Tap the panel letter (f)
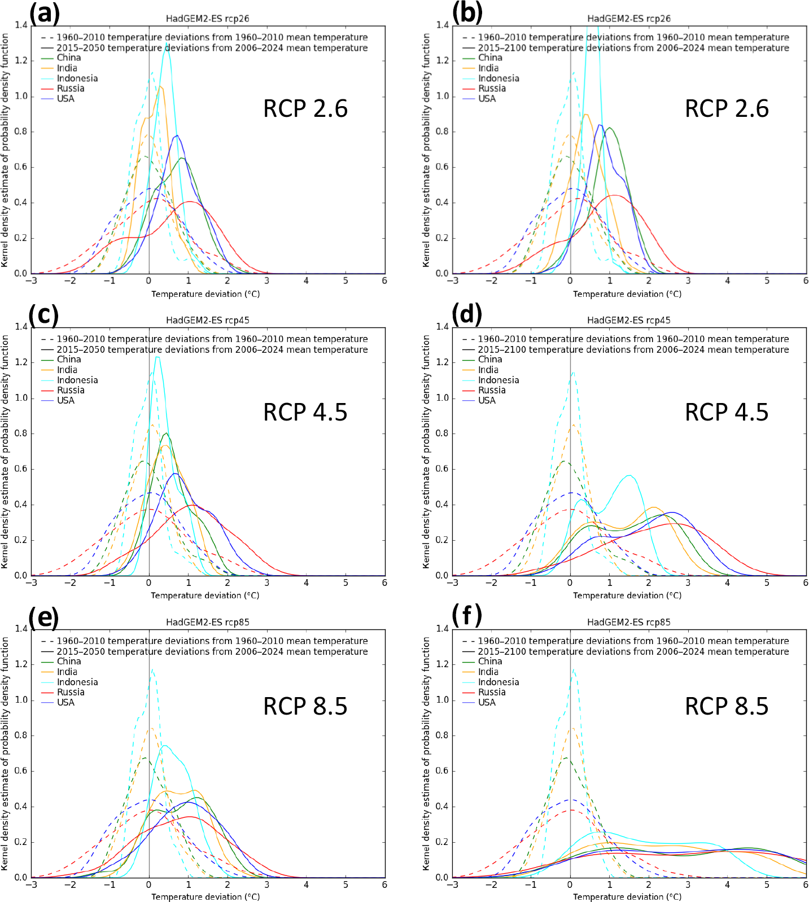pos(466,615)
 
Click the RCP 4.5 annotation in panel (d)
pos(727,413)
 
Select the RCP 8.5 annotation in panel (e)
pos(305,707)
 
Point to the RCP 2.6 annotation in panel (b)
pos(727,109)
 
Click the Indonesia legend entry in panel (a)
pos(77,78)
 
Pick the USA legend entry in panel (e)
pos(65,702)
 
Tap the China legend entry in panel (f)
pos(490,661)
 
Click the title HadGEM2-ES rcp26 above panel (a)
pos(207,19)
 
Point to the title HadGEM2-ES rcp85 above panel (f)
pos(629,622)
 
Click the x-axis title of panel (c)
pos(205,596)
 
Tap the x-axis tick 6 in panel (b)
pos(806,281)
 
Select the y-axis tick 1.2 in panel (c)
pos(21,362)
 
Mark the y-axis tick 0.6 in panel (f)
pos(443,771)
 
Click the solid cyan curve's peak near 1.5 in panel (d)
pos(629,476)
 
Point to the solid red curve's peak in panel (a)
pos(190,202)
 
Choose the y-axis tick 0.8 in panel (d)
pos(443,434)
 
